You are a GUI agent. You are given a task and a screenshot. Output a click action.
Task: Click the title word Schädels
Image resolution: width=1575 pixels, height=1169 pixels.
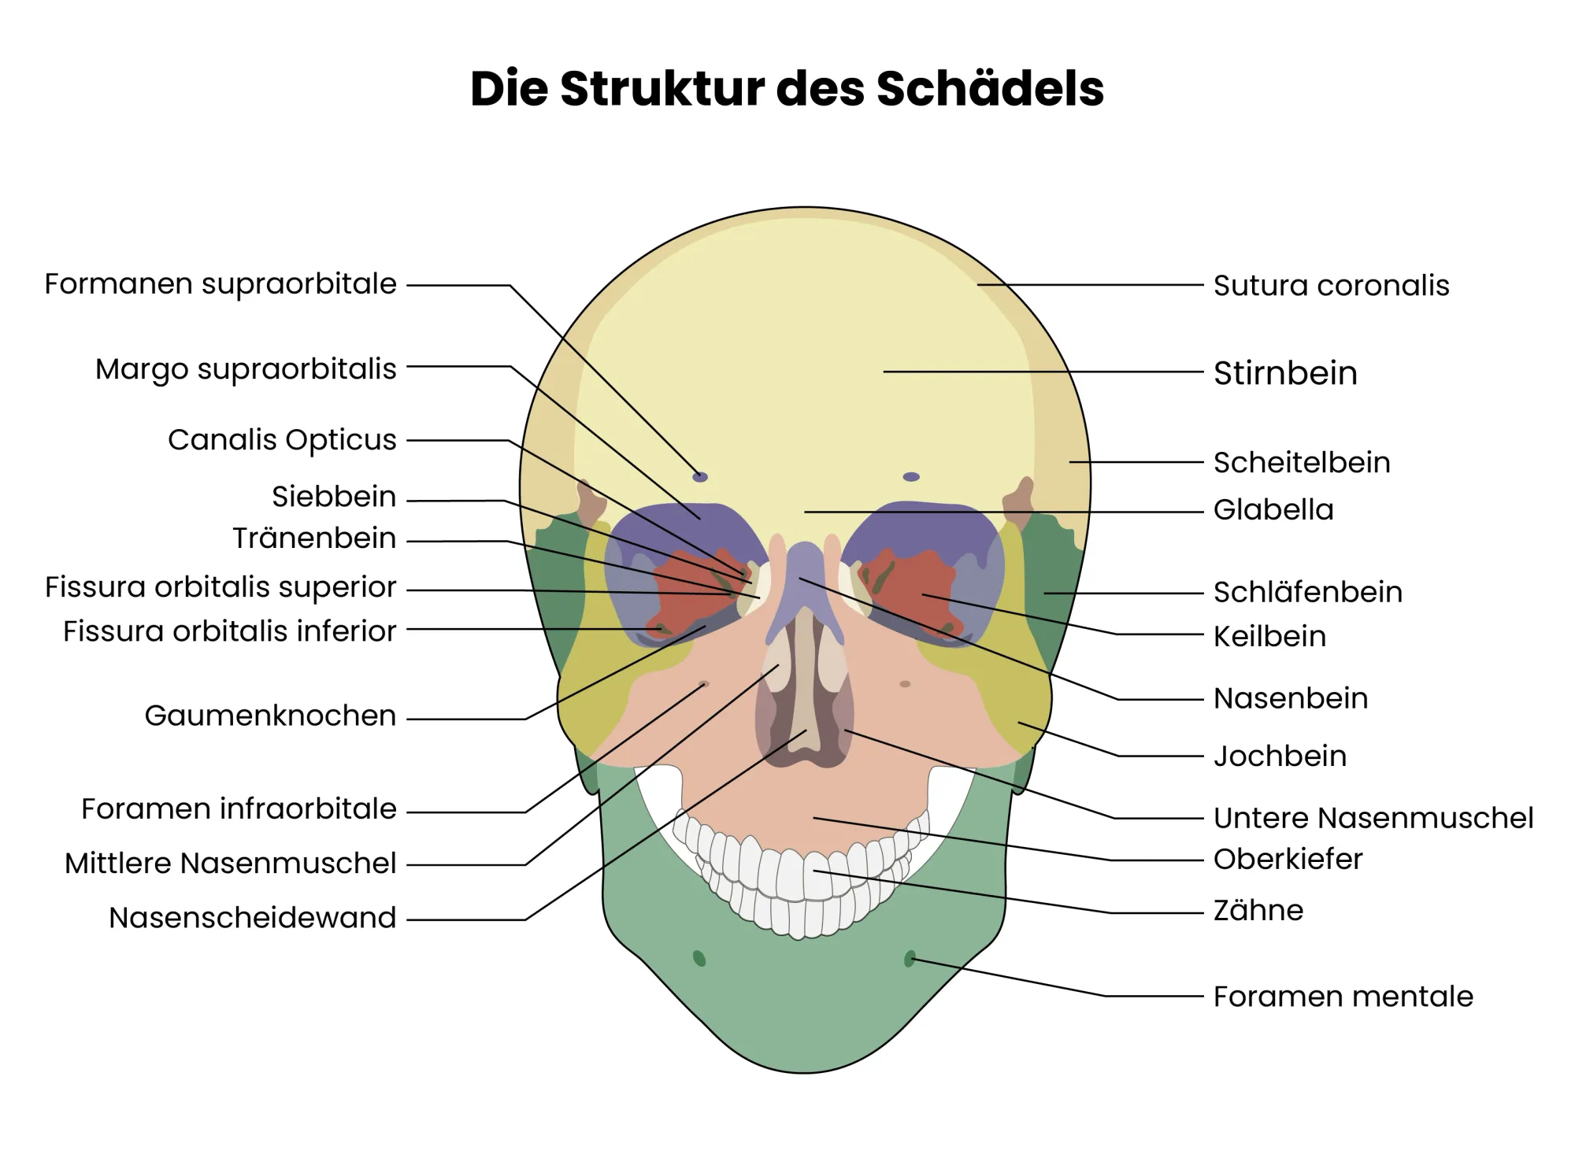click(x=990, y=88)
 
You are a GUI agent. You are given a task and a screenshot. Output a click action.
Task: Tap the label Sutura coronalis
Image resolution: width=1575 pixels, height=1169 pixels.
click(x=1331, y=286)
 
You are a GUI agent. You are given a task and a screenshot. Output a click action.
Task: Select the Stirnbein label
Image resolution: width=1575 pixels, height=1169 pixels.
click(x=1285, y=373)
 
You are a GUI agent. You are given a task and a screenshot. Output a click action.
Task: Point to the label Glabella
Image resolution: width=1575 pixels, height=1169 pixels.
click(x=1273, y=510)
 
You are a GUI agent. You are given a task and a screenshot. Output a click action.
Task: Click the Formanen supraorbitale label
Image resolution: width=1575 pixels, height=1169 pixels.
click(x=220, y=284)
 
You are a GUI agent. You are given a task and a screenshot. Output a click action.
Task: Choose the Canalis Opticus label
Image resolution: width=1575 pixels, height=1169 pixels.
click(x=282, y=440)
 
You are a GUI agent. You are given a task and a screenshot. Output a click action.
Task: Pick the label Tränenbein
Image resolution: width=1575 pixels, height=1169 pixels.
click(x=314, y=538)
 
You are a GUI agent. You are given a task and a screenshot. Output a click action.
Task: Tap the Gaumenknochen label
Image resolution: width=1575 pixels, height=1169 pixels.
click(x=270, y=716)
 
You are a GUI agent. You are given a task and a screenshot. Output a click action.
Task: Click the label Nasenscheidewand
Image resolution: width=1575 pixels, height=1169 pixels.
click(x=252, y=918)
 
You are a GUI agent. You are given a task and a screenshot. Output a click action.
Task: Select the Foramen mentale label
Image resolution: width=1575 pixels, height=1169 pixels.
click(x=1343, y=997)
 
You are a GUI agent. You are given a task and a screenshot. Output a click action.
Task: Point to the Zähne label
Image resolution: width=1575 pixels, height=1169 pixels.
click(x=1258, y=910)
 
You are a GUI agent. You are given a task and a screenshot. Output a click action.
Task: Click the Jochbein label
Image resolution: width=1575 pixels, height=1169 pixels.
click(x=1280, y=757)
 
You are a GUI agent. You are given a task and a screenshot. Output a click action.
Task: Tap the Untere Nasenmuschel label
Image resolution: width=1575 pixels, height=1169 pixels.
click(x=1373, y=818)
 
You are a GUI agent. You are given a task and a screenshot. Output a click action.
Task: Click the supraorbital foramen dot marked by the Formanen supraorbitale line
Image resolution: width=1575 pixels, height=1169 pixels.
click(x=700, y=477)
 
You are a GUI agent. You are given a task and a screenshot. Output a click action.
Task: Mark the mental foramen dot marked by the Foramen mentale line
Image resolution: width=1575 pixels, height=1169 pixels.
click(x=910, y=959)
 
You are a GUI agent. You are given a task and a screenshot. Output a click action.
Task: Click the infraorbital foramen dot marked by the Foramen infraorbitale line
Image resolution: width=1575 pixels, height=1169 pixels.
click(x=704, y=684)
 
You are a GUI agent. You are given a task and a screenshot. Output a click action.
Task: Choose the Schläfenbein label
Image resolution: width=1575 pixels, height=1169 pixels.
click(x=1308, y=593)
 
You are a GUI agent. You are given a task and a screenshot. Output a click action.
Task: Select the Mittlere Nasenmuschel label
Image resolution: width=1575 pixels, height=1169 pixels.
click(x=230, y=864)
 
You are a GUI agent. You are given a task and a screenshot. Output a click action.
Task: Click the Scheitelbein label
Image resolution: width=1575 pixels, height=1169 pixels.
click(x=1302, y=463)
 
